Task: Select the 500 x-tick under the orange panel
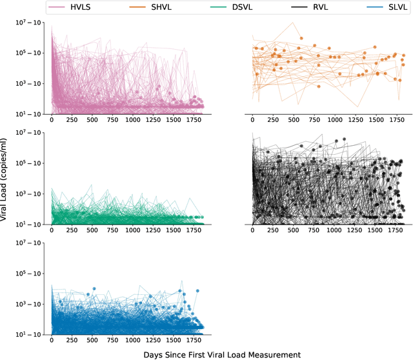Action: click(x=294, y=120)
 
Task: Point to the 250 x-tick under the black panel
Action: click(x=273, y=230)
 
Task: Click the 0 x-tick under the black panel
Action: click(x=252, y=230)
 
